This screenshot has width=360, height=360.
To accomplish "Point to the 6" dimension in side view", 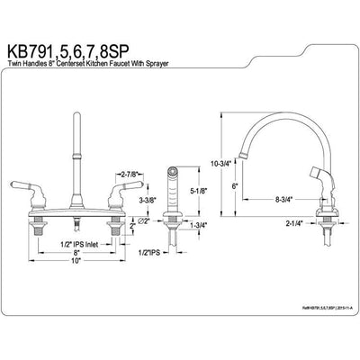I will click(233, 186).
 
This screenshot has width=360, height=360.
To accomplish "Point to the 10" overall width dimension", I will click(78, 287).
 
